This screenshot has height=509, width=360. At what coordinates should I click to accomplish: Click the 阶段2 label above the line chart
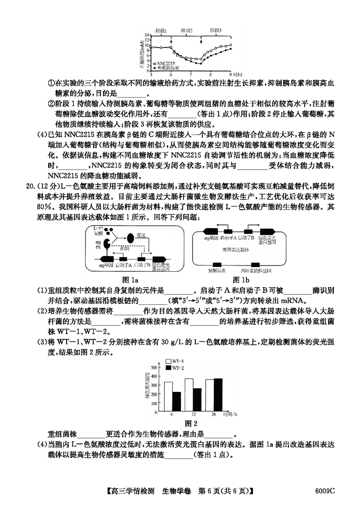pyautogui.click(x=187, y=30)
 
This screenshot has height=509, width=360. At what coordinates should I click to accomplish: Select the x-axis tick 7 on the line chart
pyautogui.click(x=191, y=73)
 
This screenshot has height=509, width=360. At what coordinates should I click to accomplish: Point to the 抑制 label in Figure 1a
pyautogui.click(x=127, y=248)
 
